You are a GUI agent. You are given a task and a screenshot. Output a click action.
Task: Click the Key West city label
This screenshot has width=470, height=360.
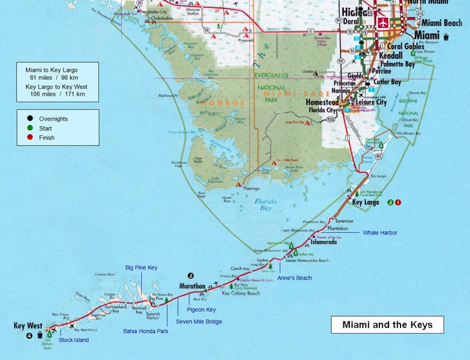(27, 326)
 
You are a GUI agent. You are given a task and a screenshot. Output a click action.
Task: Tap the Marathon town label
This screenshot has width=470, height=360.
(192, 286)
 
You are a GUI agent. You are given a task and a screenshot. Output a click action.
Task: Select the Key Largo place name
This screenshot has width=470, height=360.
(365, 202)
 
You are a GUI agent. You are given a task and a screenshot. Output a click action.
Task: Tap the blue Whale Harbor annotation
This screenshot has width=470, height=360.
(380, 233)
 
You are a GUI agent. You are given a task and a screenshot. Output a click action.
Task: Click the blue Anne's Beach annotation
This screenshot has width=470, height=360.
(294, 278)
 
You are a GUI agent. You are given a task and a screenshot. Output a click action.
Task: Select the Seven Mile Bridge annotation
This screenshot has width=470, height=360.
(198, 322)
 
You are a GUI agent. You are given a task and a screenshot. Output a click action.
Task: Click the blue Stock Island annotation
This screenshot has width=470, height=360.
(74, 340)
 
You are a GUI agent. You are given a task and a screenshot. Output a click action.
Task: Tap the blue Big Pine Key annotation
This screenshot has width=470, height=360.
(141, 267)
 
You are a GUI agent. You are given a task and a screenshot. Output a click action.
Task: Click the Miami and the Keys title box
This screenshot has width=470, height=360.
(387, 325)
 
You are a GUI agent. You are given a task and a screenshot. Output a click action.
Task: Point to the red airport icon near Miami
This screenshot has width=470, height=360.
(383, 23)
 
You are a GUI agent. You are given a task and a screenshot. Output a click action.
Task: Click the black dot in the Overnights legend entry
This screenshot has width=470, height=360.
(30, 119)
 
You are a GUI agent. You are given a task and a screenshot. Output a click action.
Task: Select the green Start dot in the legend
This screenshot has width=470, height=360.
(30, 128)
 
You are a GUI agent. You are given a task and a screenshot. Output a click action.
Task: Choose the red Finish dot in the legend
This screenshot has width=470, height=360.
(30, 138)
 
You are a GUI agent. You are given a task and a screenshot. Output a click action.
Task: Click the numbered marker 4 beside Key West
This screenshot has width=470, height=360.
(29, 336)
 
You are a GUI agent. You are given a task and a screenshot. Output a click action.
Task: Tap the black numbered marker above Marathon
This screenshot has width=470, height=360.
(191, 275)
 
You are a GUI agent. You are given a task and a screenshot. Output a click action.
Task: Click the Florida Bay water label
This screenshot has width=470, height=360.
(266, 205)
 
